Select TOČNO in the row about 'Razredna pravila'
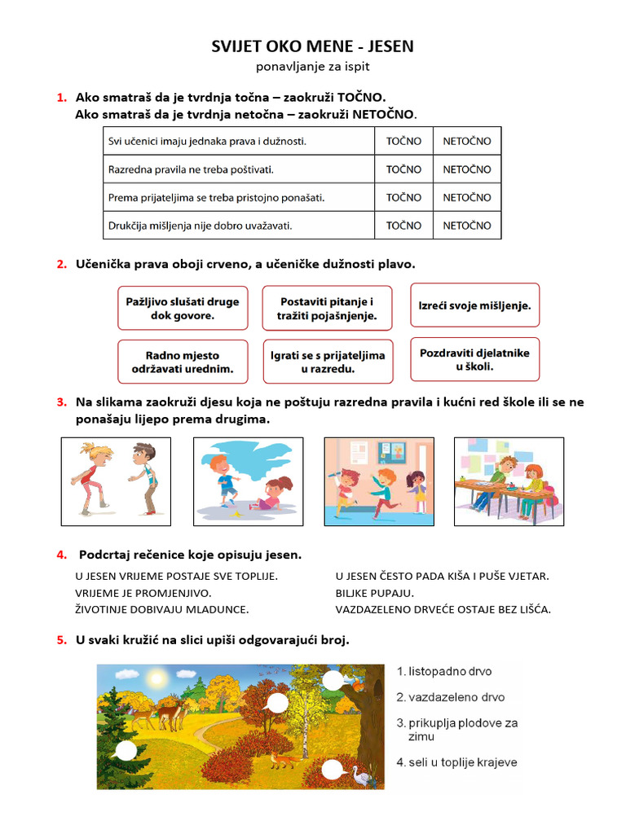403,169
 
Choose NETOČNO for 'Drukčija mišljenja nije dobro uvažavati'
467,225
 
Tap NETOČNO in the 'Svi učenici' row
467,141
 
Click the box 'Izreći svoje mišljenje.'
474,306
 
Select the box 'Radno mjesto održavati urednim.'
183,362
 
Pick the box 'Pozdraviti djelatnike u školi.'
474,359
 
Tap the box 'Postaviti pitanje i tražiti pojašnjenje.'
327,308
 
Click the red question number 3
61,402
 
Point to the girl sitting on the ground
275,493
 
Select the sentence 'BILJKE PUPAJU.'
375,592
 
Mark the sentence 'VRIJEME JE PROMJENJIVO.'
143,592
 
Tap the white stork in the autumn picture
361,777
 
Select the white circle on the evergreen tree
126,751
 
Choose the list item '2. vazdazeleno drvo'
450,697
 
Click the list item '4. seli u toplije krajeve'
456,762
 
